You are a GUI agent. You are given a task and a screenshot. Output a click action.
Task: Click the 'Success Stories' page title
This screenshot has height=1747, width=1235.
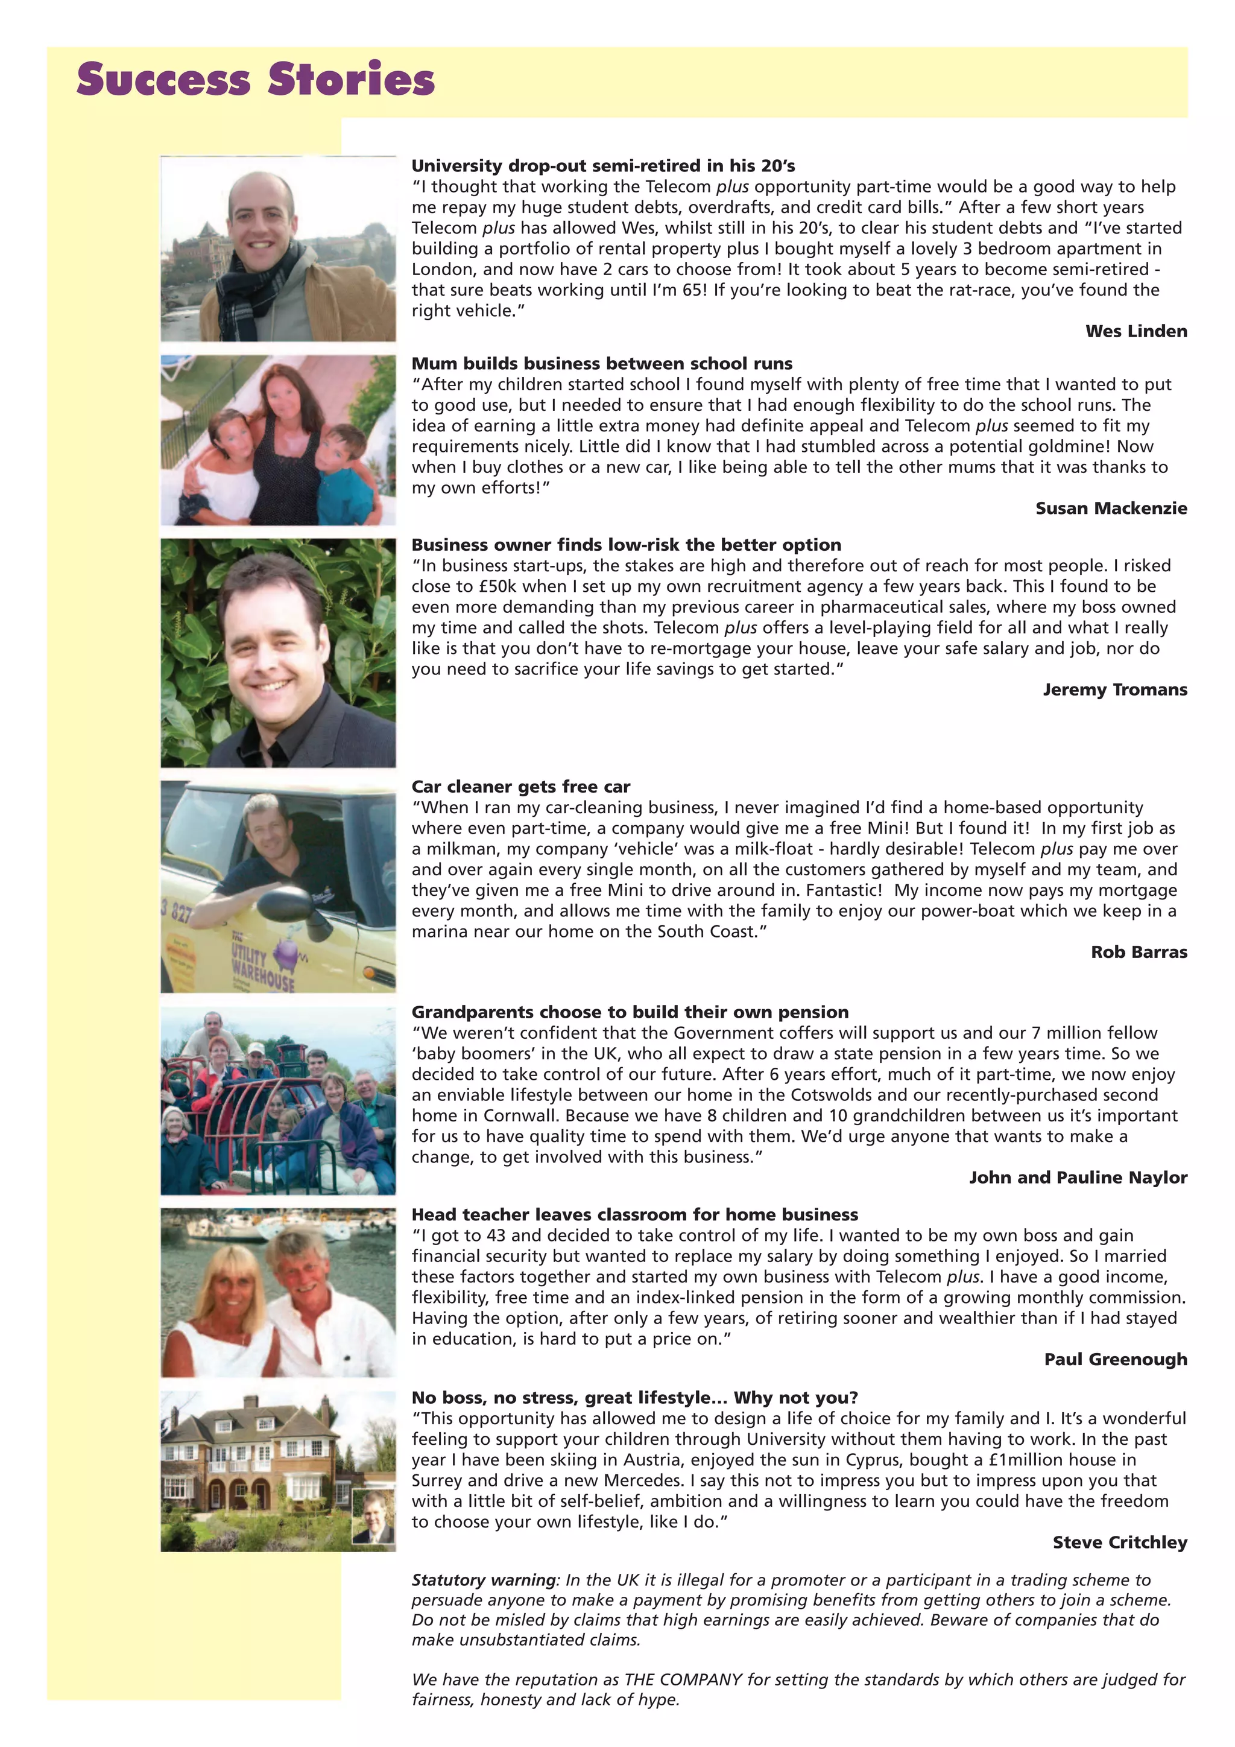(256, 80)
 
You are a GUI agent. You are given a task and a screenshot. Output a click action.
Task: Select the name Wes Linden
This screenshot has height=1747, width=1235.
(1136, 331)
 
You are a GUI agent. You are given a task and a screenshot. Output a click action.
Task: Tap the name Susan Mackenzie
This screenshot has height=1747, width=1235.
(1110, 509)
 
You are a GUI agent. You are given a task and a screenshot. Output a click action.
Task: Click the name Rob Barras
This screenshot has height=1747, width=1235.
(1139, 952)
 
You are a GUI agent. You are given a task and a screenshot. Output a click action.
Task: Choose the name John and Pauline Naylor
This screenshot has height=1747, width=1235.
(1078, 1177)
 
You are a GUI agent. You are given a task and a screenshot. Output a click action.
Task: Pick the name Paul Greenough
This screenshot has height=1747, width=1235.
(1115, 1359)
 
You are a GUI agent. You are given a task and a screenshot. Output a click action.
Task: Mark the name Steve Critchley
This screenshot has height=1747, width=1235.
(1119, 1542)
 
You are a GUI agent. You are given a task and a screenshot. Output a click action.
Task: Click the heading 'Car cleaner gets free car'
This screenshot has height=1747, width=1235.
(521, 787)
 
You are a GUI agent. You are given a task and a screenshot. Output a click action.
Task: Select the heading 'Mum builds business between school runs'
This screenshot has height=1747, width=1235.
(602, 364)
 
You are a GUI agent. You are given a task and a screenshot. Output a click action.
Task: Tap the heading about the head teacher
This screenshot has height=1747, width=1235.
(634, 1214)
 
